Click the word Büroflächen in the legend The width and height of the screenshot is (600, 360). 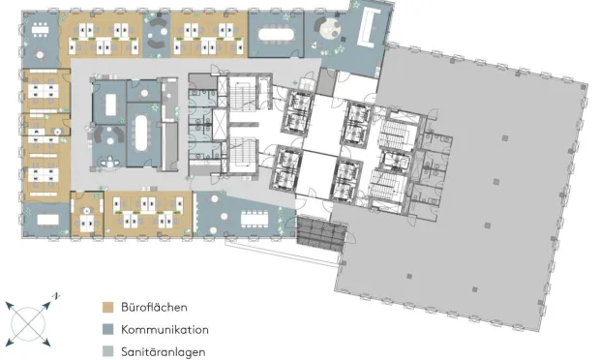154,307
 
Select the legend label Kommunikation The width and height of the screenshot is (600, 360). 165,329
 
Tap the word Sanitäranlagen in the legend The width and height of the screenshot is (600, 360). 164,352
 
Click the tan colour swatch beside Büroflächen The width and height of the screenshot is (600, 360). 108,307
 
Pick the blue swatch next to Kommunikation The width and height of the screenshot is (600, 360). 108,329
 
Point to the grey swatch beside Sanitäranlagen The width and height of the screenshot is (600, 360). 108,351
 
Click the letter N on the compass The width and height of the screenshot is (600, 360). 57,296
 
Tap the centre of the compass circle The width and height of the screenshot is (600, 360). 28,323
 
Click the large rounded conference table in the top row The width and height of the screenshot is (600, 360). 276,35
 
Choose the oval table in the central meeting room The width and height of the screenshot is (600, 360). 140,134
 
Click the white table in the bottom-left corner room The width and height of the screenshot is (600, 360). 47,220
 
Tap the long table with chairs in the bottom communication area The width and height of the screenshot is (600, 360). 255,220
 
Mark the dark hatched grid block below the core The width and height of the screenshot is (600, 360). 321,234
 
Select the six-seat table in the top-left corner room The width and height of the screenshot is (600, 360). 40,29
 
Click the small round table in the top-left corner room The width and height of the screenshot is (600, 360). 40,55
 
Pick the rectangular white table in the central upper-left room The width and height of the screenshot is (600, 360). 110,105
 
